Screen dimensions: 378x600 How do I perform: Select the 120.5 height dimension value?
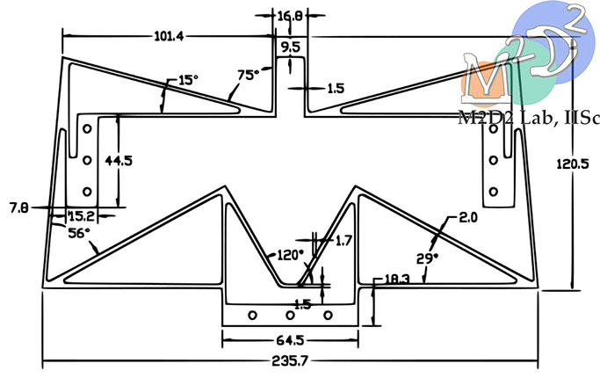pyautogui.click(x=575, y=164)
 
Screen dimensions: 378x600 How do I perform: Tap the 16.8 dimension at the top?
pyautogui.click(x=290, y=16)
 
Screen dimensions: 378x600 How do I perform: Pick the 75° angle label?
pyautogui.click(x=249, y=76)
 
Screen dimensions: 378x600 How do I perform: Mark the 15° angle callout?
pyautogui.click(x=187, y=80)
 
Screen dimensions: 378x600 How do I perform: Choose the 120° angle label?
pyautogui.click(x=289, y=254)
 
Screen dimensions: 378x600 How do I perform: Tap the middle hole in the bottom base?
pyautogui.click(x=290, y=315)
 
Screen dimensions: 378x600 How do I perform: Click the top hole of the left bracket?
pyautogui.click(x=86, y=129)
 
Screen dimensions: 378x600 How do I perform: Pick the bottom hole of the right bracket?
pyautogui.click(x=493, y=191)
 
